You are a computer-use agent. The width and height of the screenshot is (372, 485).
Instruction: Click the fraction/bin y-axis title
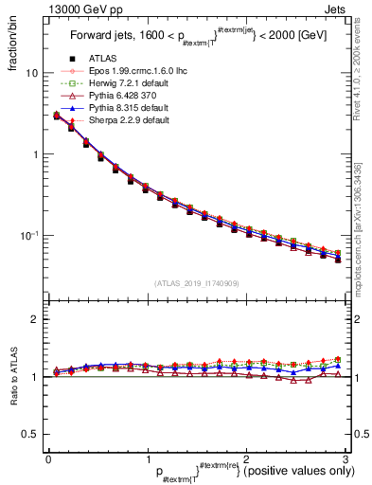12,50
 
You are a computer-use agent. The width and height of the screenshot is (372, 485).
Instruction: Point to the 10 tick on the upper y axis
30,74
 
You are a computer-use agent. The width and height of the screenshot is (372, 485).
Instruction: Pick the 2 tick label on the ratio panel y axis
34,319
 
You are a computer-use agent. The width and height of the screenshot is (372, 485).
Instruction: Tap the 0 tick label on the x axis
48,458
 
